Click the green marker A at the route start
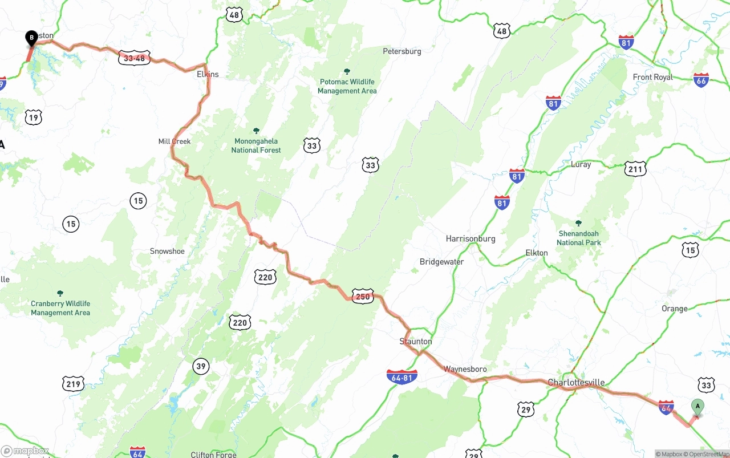tap(697, 407)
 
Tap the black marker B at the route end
tap(31, 38)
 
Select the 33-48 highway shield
tap(135, 58)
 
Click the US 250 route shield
tap(363, 297)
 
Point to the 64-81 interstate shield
tap(402, 377)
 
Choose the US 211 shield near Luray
tap(635, 169)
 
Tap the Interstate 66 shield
tap(701, 80)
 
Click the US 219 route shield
tap(74, 384)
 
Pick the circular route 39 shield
tap(201, 366)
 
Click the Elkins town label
tap(208, 74)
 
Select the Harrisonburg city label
tap(471, 238)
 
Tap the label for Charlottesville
tap(576, 382)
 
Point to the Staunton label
tap(416, 341)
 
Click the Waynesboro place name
tap(465, 369)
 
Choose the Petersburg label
tap(402, 51)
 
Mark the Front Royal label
tap(653, 77)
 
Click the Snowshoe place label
tap(167, 251)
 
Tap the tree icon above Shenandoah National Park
tap(578, 223)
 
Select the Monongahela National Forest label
tap(256, 145)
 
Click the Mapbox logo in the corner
tap(26, 451)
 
